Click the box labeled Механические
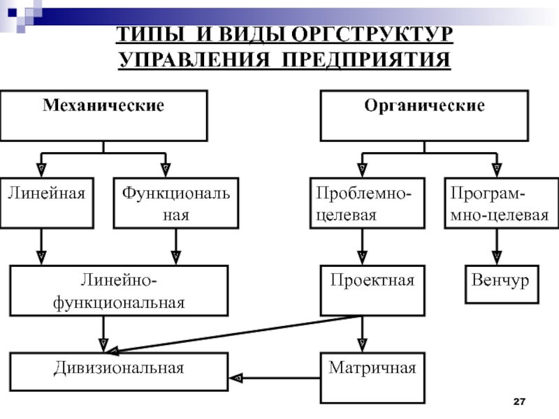103,115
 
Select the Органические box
424,115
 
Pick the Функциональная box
175,203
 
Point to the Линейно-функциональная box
119,291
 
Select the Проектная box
372,291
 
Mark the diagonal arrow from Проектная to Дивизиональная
238,334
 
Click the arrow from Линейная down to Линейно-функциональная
41,247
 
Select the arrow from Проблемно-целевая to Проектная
362,247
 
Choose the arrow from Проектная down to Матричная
362,335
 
